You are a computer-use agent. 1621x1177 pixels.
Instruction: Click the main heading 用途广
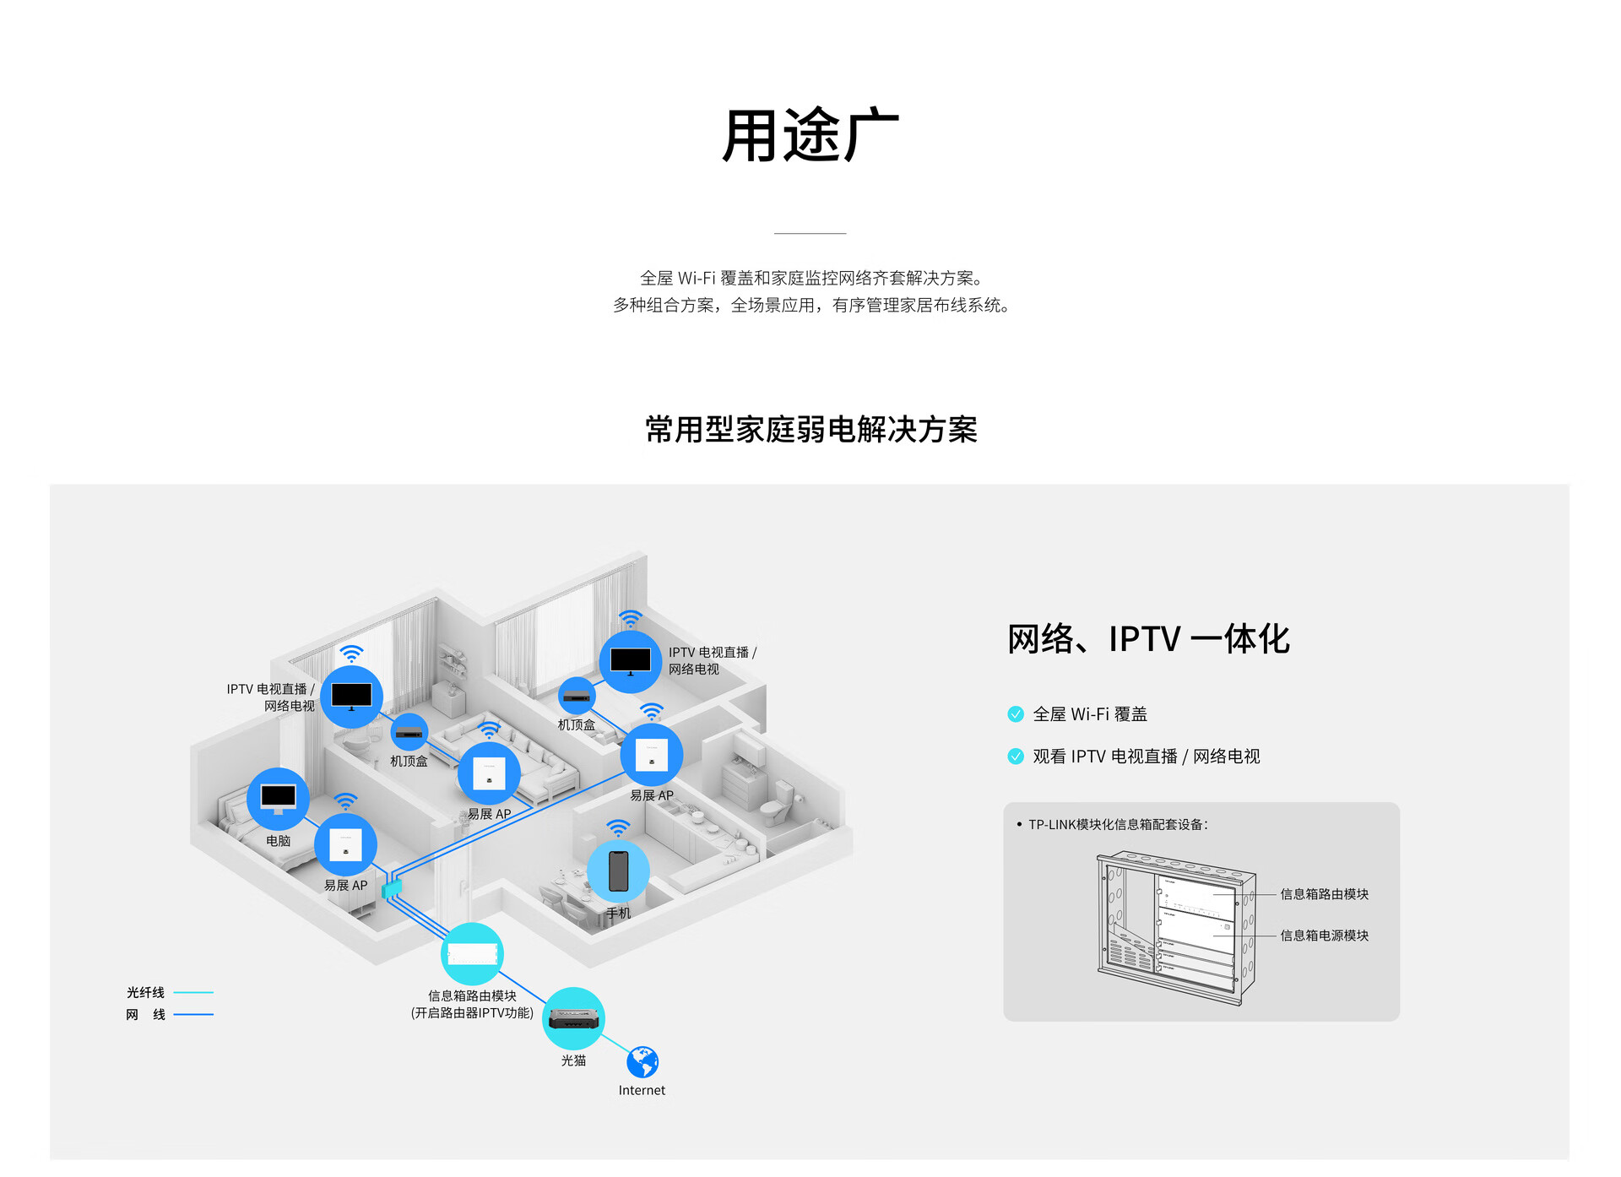tap(810, 135)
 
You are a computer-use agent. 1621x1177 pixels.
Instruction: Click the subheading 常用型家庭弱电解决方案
tap(811, 430)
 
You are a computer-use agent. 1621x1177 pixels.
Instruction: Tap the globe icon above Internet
tap(642, 1062)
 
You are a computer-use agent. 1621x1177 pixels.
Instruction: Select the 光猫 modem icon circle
tap(573, 1018)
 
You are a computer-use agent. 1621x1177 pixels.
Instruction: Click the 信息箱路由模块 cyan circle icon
tap(472, 954)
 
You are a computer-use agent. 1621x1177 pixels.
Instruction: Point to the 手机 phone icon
tap(618, 871)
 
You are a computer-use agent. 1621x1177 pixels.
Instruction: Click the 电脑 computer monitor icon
tap(278, 799)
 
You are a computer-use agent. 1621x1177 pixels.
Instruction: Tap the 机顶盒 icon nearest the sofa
tap(409, 732)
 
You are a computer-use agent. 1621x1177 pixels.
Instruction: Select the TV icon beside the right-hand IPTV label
tap(631, 662)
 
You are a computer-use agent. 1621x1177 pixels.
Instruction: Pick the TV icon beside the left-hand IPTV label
tap(351, 697)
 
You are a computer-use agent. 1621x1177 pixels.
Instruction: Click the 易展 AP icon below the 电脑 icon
tap(345, 845)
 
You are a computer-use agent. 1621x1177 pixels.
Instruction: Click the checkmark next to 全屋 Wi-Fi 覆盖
tap(1016, 714)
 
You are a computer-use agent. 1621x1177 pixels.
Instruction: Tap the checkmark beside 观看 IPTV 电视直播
tap(1016, 757)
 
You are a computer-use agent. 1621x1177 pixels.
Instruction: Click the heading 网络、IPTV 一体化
tap(1148, 639)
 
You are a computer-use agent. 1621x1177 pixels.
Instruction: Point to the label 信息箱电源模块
tap(1324, 936)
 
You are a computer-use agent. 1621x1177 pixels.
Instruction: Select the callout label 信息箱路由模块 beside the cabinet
tap(1324, 894)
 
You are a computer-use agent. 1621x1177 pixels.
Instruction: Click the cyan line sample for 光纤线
tap(193, 992)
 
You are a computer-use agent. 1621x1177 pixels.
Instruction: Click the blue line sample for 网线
tap(193, 1014)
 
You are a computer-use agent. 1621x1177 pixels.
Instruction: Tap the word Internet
tap(642, 1090)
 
